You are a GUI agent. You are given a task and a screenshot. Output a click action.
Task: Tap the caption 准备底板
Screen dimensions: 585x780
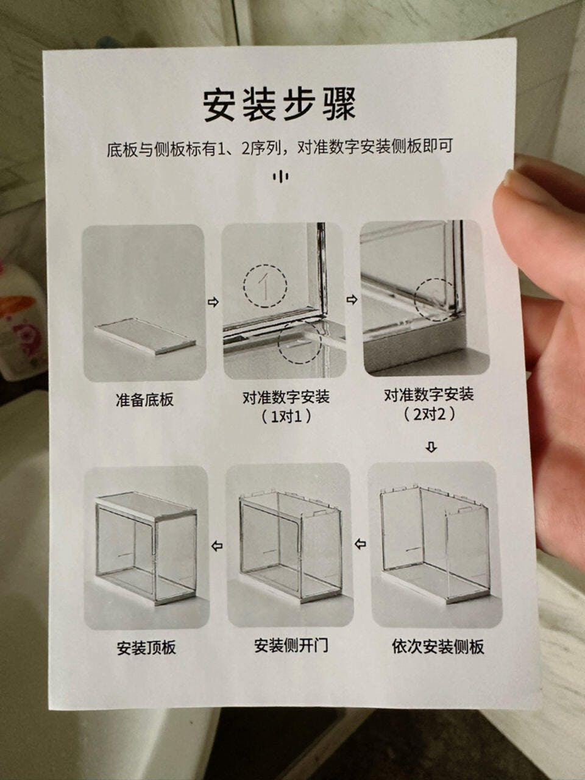coord(144,399)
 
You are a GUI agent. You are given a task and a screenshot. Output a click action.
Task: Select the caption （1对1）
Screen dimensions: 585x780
coord(286,416)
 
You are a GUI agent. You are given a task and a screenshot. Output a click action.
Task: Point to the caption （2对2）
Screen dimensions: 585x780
coord(429,414)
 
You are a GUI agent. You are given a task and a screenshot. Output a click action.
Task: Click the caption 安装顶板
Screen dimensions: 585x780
coord(146,647)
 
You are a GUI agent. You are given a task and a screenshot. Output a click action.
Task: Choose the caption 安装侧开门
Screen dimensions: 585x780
coord(291,645)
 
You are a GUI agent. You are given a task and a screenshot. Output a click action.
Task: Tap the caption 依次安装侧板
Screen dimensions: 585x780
coord(438,646)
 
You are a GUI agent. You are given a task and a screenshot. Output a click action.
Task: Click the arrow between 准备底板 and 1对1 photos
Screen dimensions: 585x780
coord(213,302)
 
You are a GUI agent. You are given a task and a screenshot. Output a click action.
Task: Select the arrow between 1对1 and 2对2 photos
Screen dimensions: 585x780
coord(352,300)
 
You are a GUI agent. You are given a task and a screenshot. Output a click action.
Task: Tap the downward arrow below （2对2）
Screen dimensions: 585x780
coord(431,447)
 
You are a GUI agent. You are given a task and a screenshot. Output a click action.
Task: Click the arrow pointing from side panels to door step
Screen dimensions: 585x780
coord(360,544)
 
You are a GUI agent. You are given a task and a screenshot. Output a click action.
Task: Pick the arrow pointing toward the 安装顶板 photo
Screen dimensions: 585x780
coord(217,545)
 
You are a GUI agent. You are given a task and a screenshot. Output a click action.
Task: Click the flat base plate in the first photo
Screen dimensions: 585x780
coord(145,335)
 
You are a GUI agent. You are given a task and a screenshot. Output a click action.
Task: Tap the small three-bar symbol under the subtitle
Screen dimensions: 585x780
coord(280,176)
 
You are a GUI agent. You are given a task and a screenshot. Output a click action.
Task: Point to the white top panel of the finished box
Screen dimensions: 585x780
coord(146,506)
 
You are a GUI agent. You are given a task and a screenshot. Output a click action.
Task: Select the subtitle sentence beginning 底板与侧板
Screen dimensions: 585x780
coord(280,147)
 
